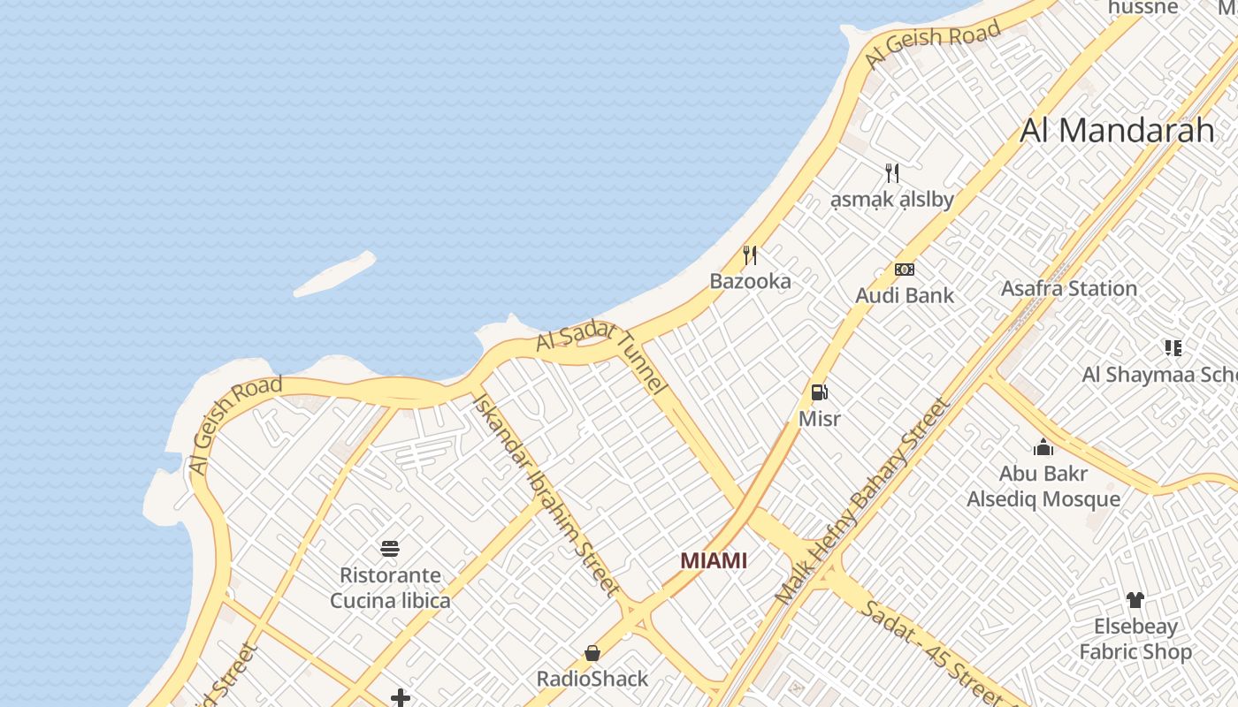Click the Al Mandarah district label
pyautogui.click(x=1117, y=130)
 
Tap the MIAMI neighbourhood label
pyautogui.click(x=714, y=560)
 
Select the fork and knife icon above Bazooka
pyautogui.click(x=750, y=255)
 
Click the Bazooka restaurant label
pyautogui.click(x=750, y=281)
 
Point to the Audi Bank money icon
pyautogui.click(x=904, y=270)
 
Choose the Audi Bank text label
pyautogui.click(x=904, y=295)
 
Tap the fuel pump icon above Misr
pyautogui.click(x=820, y=392)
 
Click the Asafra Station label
pyautogui.click(x=1068, y=288)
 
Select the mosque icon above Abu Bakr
pyautogui.click(x=1043, y=447)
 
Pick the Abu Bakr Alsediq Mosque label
pyautogui.click(x=1043, y=486)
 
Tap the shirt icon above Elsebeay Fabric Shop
pyautogui.click(x=1135, y=600)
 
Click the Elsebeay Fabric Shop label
pyautogui.click(x=1135, y=639)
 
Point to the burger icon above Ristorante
pyautogui.click(x=390, y=549)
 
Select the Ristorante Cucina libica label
pyautogui.click(x=390, y=588)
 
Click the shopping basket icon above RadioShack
pyautogui.click(x=592, y=653)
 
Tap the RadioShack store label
pyautogui.click(x=592, y=679)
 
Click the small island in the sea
pyautogui.click(x=335, y=275)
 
